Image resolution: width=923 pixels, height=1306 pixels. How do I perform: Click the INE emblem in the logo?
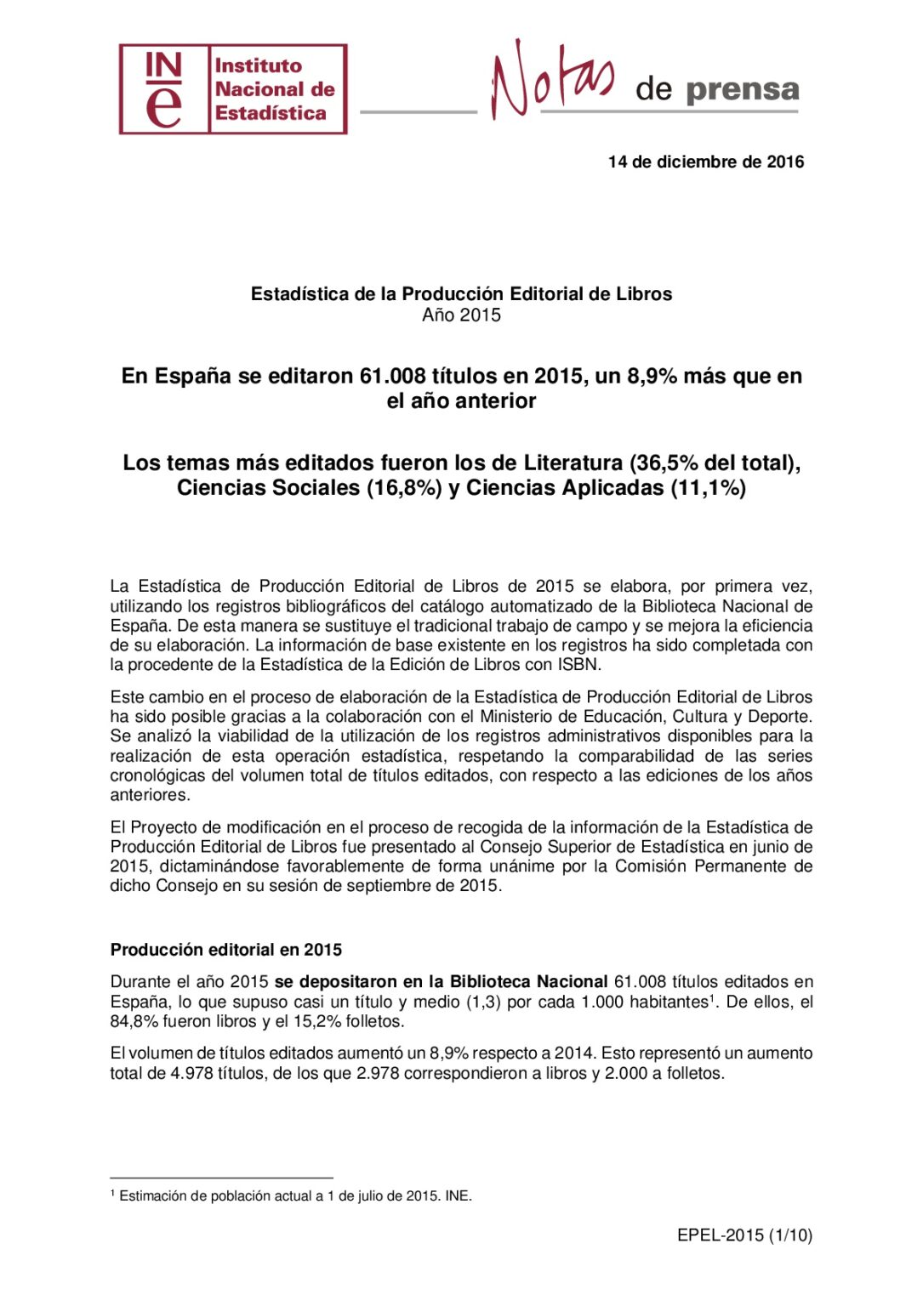(x=164, y=89)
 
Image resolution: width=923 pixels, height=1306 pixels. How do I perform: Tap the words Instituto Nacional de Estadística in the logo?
(x=274, y=89)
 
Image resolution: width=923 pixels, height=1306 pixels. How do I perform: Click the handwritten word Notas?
(x=551, y=80)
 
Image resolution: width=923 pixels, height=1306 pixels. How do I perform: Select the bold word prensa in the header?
(x=742, y=89)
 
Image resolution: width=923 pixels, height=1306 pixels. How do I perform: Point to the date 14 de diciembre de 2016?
(x=705, y=162)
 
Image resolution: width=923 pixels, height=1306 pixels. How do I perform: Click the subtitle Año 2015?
(x=461, y=315)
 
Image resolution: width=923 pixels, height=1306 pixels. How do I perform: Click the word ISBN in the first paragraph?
(x=579, y=665)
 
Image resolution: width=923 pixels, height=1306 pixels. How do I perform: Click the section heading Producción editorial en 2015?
(x=226, y=950)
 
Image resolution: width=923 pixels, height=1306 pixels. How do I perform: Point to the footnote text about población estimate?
(x=294, y=1195)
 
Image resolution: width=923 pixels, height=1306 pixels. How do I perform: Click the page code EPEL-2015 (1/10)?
(x=744, y=1235)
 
